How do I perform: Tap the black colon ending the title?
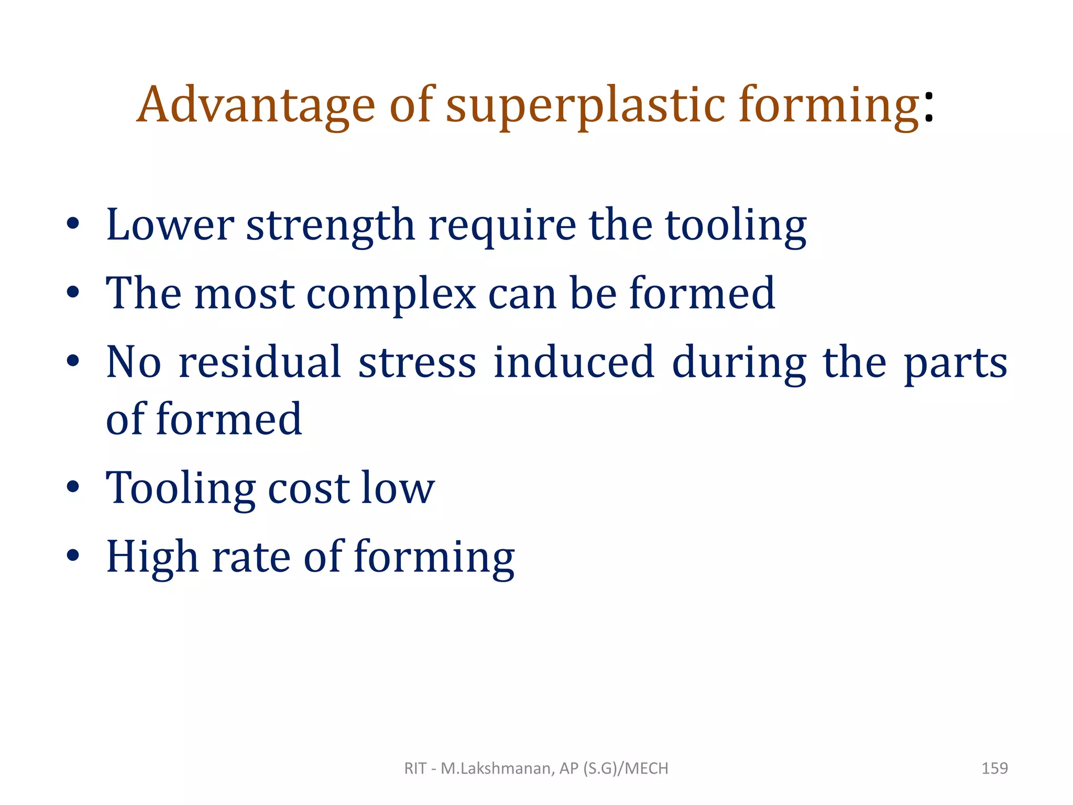[x=929, y=106]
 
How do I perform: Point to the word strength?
[x=331, y=225]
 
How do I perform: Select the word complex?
[x=391, y=293]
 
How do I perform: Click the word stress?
[x=417, y=363]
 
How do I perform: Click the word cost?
[x=308, y=487]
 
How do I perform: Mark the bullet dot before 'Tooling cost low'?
[x=73, y=487]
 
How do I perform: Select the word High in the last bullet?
[x=152, y=557]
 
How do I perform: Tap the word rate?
[x=251, y=557]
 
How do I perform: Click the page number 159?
[x=994, y=768]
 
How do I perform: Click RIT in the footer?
[x=415, y=768]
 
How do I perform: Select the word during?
[x=739, y=363]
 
